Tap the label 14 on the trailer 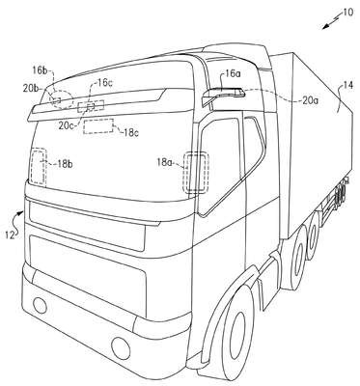[346, 86]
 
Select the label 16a [233, 74]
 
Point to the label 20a [310, 100]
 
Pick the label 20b [31, 88]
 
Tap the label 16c [105, 83]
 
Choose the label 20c [67, 125]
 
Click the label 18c [130, 133]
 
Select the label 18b [65, 164]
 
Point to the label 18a [165, 162]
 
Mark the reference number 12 [10, 235]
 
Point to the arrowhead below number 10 [325, 27]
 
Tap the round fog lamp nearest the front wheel [121, 346]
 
